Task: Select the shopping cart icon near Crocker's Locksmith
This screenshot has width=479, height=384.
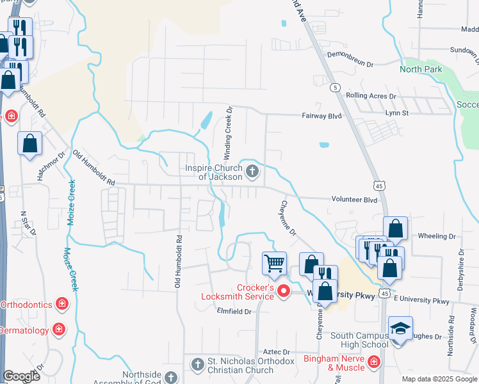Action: coord(274,262)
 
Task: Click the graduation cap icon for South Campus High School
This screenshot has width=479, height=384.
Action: coord(400,328)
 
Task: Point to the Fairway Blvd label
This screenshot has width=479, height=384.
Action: coord(322,116)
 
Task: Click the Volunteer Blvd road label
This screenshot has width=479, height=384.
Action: coord(354,199)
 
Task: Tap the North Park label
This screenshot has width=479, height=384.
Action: coord(421,69)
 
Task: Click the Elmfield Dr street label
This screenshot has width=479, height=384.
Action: coord(236,312)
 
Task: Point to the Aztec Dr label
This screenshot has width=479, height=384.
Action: coord(277,352)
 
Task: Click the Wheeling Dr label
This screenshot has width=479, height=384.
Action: coord(436,236)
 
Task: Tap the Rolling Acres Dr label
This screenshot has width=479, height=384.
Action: coord(371,96)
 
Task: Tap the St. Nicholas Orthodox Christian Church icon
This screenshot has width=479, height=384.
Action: coord(197,364)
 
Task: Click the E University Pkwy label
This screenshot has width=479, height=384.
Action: coord(422,300)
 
